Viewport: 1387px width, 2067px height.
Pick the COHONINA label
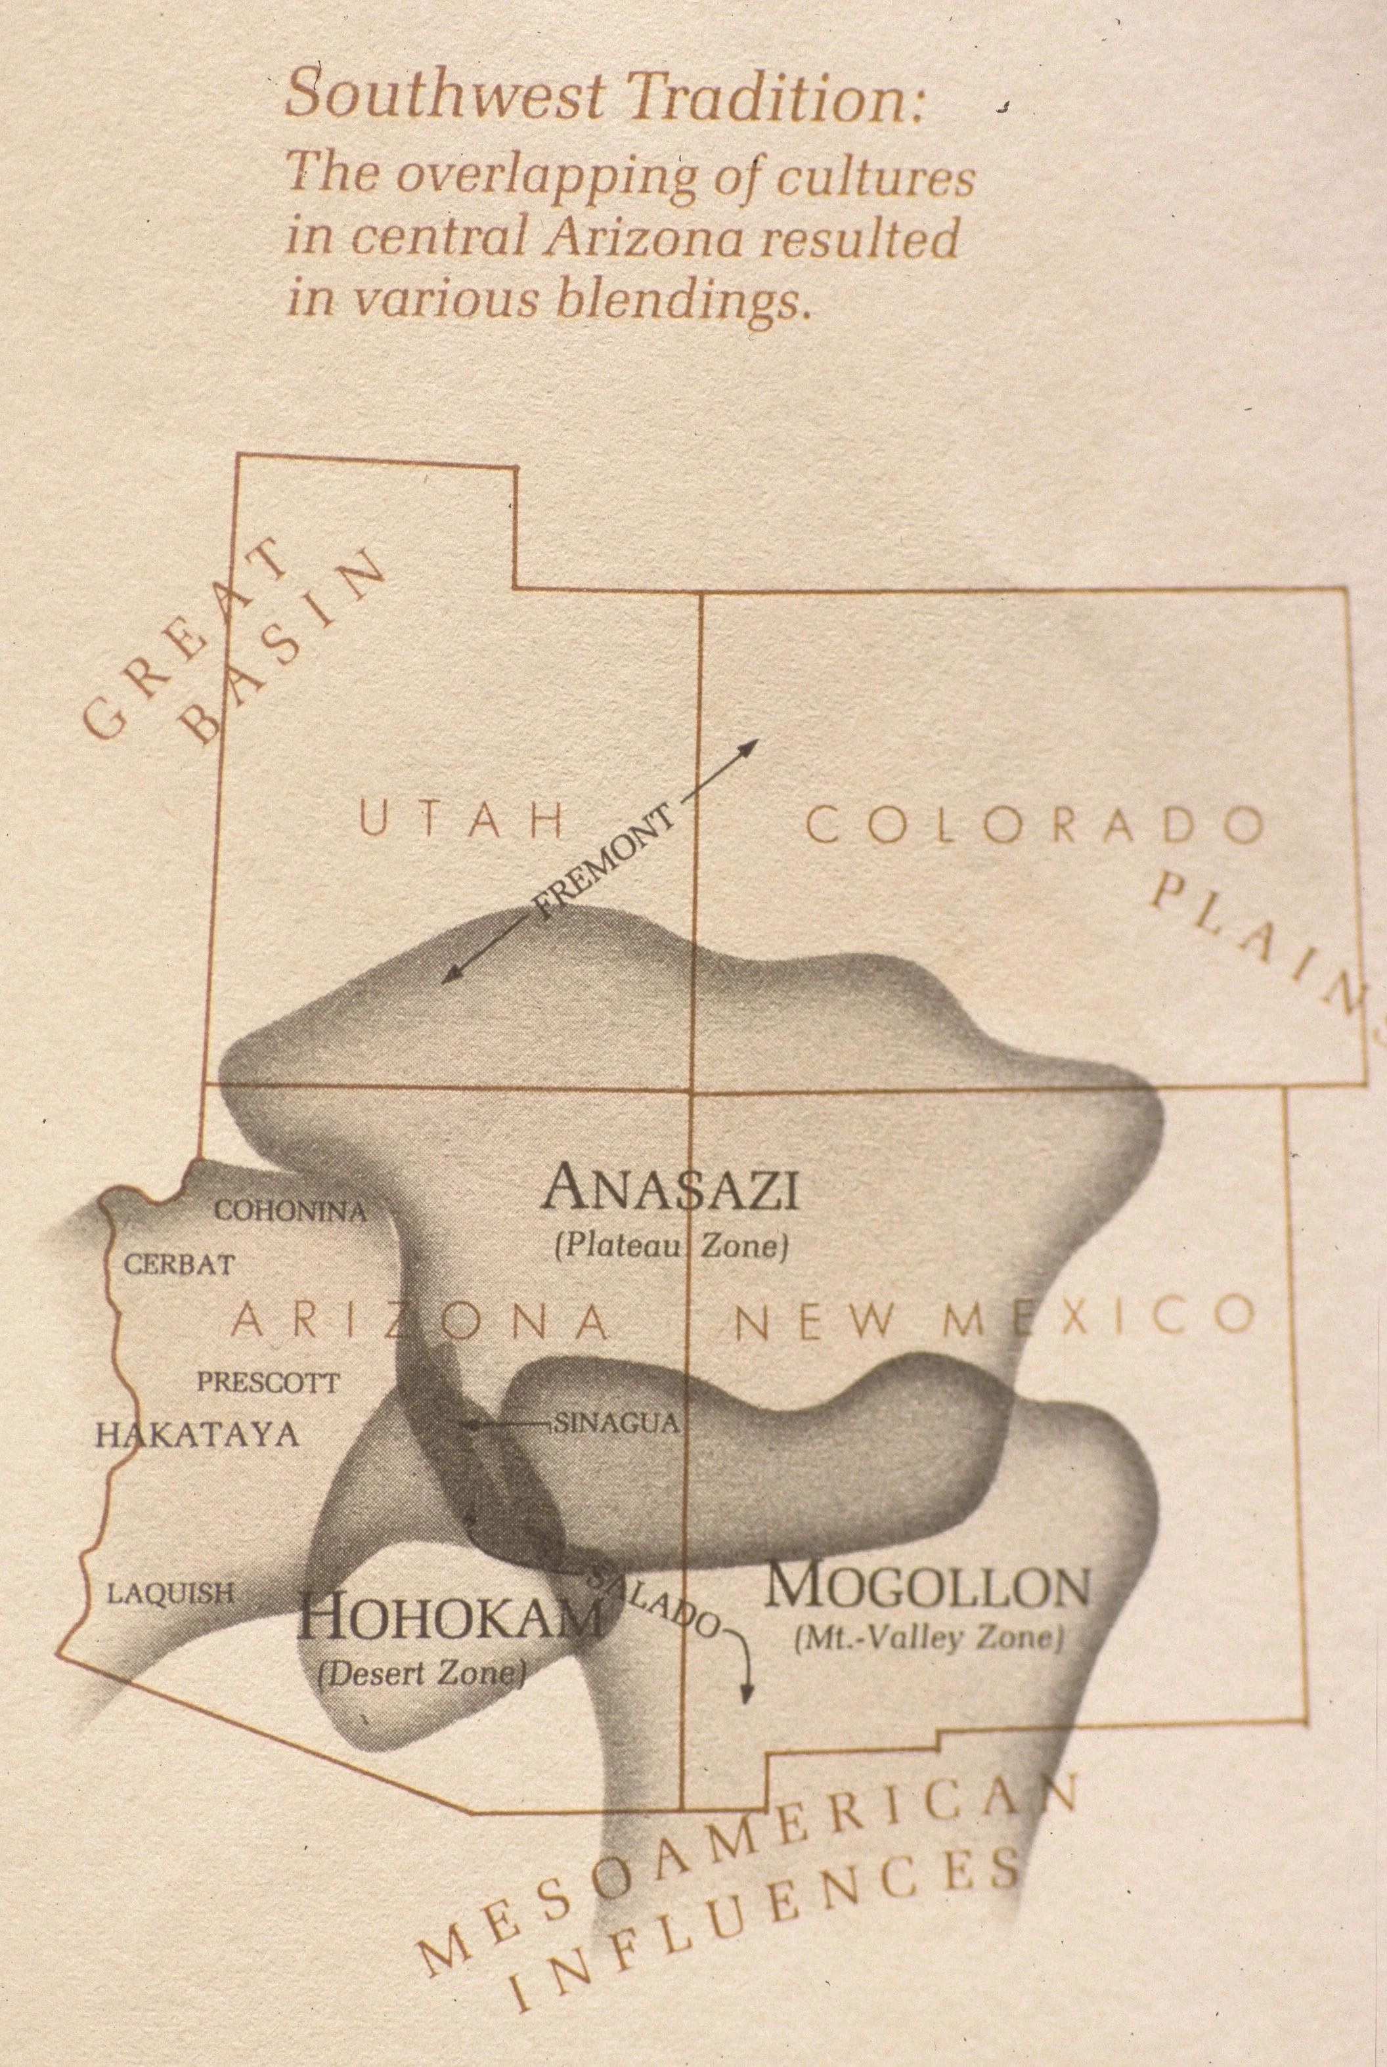[291, 1211]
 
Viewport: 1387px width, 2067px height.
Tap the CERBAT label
[179, 1264]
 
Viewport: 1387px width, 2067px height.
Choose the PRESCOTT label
[267, 1382]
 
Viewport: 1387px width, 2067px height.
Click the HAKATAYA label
[197, 1434]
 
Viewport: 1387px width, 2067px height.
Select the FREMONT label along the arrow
[604, 861]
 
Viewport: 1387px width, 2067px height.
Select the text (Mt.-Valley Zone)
[929, 1639]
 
